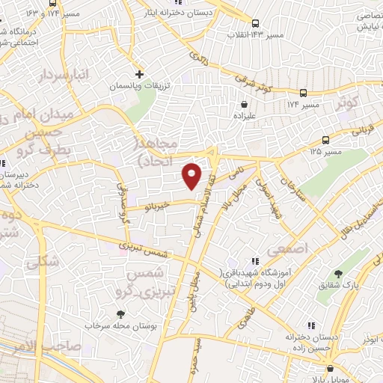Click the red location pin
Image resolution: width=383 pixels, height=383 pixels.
pyautogui.click(x=192, y=175)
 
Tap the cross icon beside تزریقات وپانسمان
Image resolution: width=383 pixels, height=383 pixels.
pyautogui.click(x=139, y=74)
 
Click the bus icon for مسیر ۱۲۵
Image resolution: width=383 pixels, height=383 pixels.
pyautogui.click(x=325, y=140)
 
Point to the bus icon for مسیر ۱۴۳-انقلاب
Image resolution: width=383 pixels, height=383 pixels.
pyautogui.click(x=256, y=23)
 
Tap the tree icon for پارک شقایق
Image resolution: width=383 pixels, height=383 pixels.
pyautogui.click(x=337, y=274)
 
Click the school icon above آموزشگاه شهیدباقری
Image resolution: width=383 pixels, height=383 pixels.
pyautogui.click(x=254, y=261)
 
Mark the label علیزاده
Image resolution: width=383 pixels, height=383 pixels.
pyautogui.click(x=243, y=117)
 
